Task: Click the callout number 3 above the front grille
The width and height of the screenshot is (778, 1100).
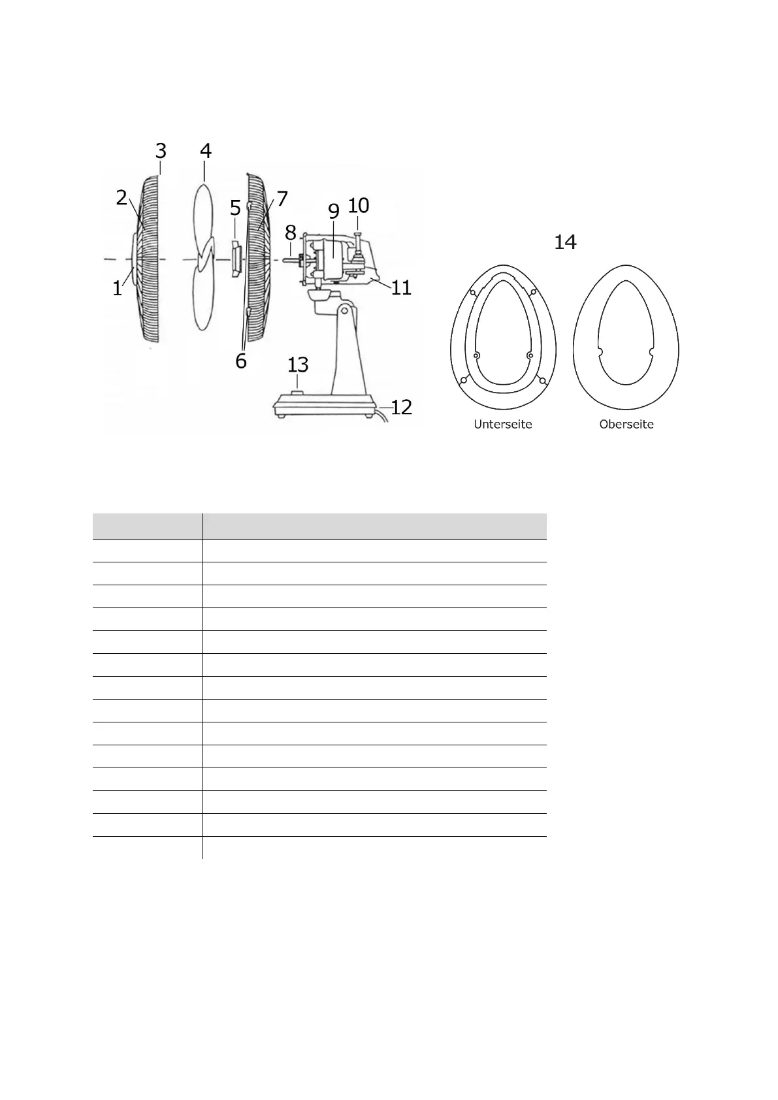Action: pyautogui.click(x=161, y=151)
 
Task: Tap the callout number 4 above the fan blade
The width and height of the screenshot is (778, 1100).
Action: pyautogui.click(x=205, y=151)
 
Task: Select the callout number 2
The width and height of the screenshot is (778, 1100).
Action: pyautogui.click(x=122, y=197)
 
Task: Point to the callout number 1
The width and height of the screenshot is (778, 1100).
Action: pyautogui.click(x=117, y=288)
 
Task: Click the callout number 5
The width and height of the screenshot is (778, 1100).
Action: pyautogui.click(x=235, y=208)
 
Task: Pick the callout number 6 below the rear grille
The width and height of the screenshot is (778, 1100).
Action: pyautogui.click(x=240, y=361)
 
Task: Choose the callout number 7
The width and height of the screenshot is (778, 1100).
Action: pyautogui.click(x=282, y=199)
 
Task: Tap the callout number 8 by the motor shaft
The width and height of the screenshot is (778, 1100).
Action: pyautogui.click(x=290, y=232)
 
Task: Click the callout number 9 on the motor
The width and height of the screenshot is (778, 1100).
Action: pyautogui.click(x=334, y=211)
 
